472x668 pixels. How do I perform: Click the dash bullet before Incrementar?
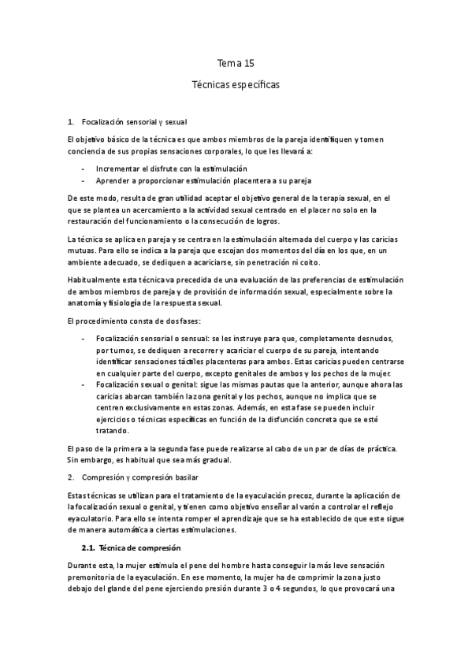pyautogui.click(x=84, y=169)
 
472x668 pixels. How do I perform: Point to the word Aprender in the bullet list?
pyautogui.click(x=112, y=180)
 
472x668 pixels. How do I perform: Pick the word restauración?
pyautogui.click(x=91, y=221)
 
